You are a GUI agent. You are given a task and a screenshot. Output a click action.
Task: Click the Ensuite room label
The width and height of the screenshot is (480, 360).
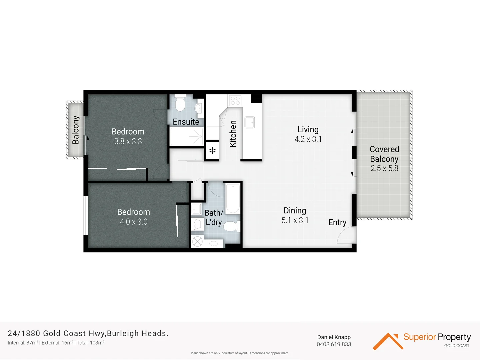coord(186,122)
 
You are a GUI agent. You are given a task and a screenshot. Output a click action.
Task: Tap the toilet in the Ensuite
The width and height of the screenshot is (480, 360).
coord(180,103)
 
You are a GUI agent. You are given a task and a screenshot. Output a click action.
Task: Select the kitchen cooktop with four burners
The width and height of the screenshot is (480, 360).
coord(235,100)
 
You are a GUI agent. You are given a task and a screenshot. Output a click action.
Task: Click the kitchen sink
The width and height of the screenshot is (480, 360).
coord(249,122)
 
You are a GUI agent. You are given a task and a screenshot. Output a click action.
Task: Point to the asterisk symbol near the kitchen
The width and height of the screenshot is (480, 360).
coord(212,151)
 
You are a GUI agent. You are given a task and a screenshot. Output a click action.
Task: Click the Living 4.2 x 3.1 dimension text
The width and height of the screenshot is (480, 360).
coord(308,139)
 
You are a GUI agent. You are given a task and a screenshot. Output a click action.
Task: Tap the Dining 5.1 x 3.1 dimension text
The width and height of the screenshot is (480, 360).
coord(295,220)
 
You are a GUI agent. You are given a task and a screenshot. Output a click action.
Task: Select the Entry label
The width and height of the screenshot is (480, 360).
coord(337,222)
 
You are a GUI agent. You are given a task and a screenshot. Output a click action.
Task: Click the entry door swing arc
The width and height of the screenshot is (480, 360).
coord(345,236)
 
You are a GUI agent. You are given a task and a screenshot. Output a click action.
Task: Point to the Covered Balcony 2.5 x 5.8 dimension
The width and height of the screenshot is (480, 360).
coord(384,168)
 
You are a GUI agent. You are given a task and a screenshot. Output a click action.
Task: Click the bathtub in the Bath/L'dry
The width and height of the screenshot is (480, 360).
coord(233,199)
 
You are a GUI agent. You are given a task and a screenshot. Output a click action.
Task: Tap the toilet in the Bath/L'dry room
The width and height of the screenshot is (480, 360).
coord(231,227)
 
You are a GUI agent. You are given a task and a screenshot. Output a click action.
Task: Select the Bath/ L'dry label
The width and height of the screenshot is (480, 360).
coord(214,217)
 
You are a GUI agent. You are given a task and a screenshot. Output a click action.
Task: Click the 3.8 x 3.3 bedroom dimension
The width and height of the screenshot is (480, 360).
coord(128,141)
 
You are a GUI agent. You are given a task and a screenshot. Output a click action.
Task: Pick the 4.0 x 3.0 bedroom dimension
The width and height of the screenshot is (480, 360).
coord(133,222)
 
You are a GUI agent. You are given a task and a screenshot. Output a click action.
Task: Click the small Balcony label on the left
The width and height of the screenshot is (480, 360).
coord(76,130)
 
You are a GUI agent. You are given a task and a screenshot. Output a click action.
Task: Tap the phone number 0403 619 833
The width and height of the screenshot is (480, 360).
coord(334,344)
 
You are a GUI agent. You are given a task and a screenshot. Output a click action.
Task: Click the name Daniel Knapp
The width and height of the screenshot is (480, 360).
coord(334,337)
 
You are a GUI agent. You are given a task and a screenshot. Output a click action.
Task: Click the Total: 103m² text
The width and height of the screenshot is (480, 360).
coord(90,343)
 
